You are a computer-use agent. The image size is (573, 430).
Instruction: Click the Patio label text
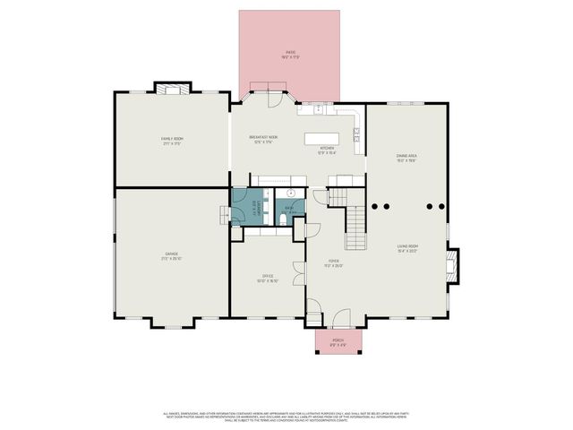pyautogui.click(x=290, y=55)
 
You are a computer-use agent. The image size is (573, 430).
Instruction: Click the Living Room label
pyautogui.click(x=408, y=248)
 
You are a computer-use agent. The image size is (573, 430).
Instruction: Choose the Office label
pyautogui.click(x=267, y=279)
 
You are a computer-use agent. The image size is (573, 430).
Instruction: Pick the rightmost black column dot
pyautogui.click(x=439, y=205)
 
